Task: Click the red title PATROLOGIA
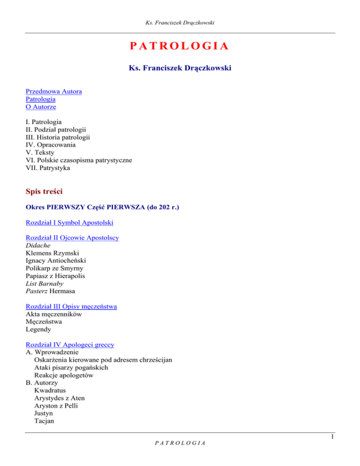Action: point(180,46)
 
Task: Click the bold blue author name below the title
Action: point(180,68)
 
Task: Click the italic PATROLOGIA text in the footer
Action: point(180,454)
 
